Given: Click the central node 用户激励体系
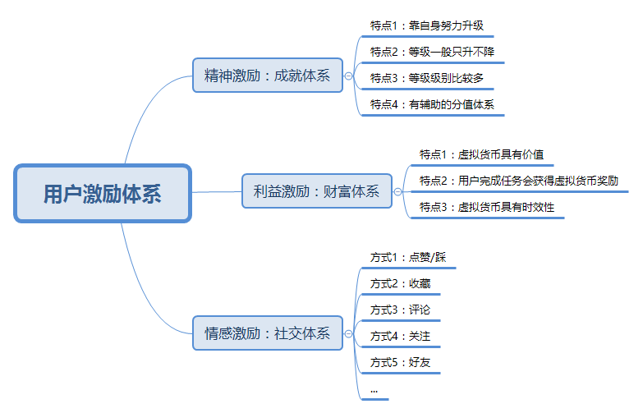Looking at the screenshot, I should tap(103, 194).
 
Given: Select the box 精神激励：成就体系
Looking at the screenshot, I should tap(268, 76).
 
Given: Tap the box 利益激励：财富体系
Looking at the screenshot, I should tap(317, 191).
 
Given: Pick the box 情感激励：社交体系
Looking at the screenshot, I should tap(268, 333).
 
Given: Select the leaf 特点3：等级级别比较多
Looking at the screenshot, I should tap(427, 78).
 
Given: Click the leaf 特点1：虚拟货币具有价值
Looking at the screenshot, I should tap(481, 154).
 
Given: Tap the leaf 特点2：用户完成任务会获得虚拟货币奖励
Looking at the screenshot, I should tap(518, 181).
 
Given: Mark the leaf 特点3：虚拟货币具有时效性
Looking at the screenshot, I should tap(487, 207).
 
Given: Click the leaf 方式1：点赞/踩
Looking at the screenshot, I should tap(408, 258).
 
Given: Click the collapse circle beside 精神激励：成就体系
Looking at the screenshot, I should tap(349, 76).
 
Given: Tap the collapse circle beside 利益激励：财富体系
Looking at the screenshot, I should tap(398, 191).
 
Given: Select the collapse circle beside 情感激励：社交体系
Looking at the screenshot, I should tap(349, 333).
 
